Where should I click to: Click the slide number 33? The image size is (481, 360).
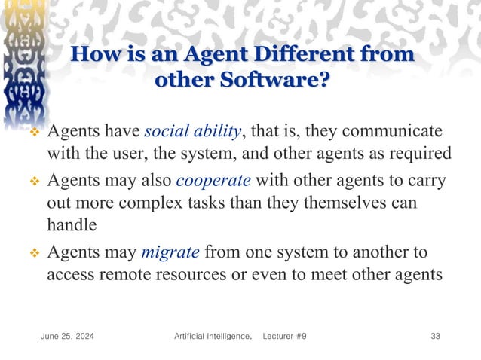tap(435, 336)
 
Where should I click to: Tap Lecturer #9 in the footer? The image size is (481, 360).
tap(284, 336)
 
